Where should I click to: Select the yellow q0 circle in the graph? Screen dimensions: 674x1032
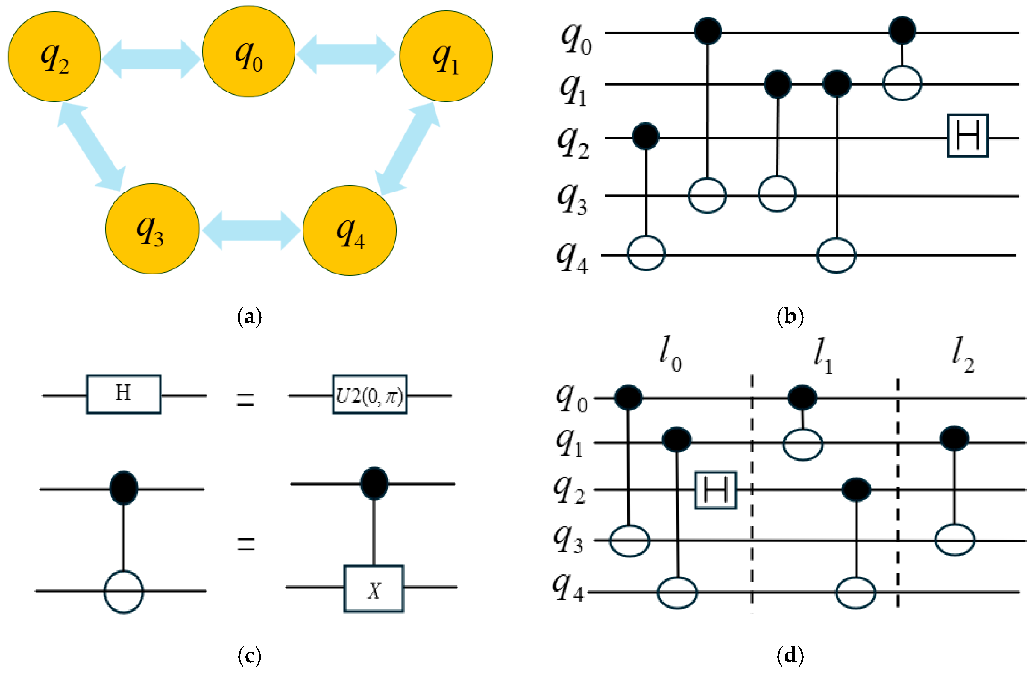click(x=248, y=51)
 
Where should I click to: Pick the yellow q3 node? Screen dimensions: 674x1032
click(x=152, y=229)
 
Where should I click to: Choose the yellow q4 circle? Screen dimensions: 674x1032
click(x=350, y=230)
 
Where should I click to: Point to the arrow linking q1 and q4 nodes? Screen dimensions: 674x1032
click(x=408, y=148)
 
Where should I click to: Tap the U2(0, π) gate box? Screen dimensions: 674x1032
click(x=369, y=394)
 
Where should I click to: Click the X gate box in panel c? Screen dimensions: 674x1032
click(x=374, y=589)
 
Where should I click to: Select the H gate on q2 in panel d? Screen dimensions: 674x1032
click(x=715, y=490)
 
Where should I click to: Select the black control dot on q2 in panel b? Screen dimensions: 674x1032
click(x=646, y=136)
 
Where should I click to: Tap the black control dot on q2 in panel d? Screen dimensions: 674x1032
click(x=856, y=489)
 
